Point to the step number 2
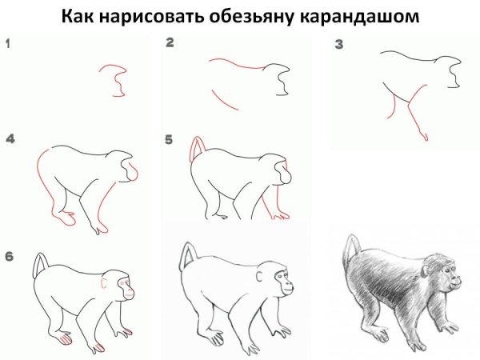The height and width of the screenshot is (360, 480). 170,43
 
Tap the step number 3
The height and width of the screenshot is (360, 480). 338,46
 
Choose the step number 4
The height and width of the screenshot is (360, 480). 10,139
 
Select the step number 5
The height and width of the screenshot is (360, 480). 169,139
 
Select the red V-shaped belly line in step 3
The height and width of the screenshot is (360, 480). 402,102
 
